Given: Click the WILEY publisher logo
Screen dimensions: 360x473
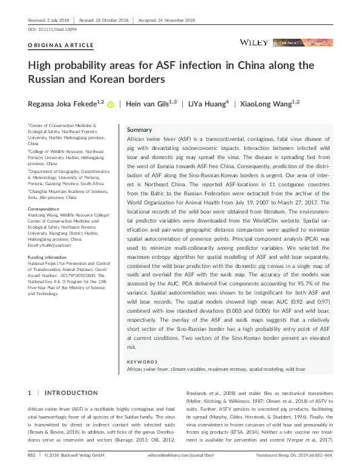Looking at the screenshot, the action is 254,42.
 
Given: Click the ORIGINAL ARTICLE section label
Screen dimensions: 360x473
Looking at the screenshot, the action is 61,45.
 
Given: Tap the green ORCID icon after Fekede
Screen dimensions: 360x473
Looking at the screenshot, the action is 111,105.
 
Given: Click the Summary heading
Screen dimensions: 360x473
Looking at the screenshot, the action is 139,130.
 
